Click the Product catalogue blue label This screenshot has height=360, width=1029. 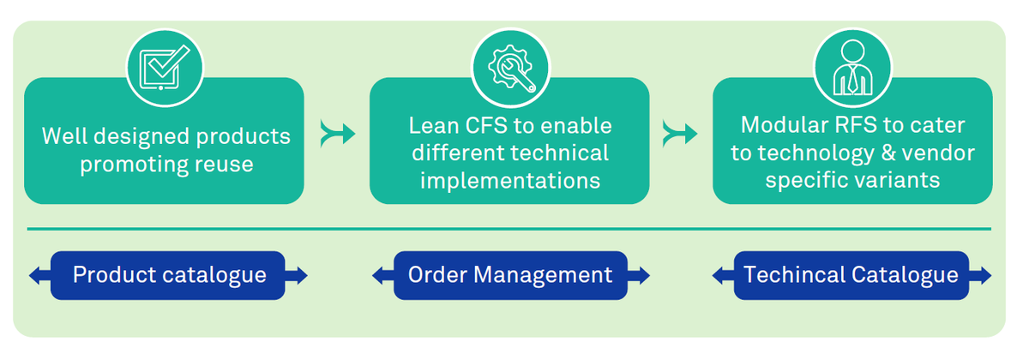click(x=168, y=275)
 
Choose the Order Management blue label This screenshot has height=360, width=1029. click(x=510, y=275)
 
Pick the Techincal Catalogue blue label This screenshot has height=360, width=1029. click(x=851, y=275)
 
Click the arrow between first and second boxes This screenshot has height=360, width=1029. click(x=337, y=134)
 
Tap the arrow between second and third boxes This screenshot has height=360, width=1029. click(x=680, y=134)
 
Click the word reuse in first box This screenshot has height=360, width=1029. click(x=226, y=164)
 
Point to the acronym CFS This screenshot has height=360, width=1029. click(x=484, y=126)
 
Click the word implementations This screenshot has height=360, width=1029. click(x=509, y=181)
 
